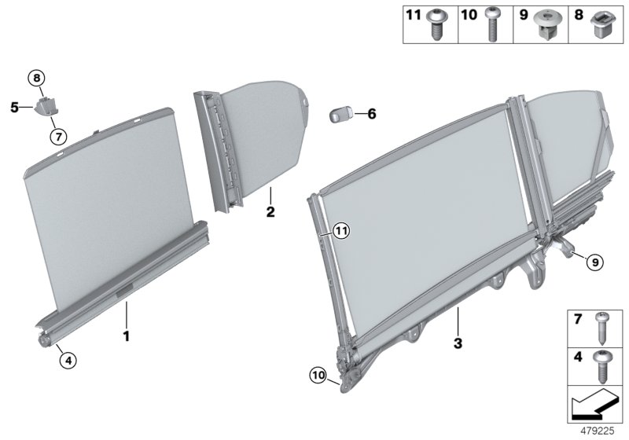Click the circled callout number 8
(38, 77)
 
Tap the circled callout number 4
(68, 361)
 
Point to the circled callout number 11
(339, 230)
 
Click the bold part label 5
(15, 107)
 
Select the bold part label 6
(372, 115)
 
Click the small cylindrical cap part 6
(340, 112)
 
